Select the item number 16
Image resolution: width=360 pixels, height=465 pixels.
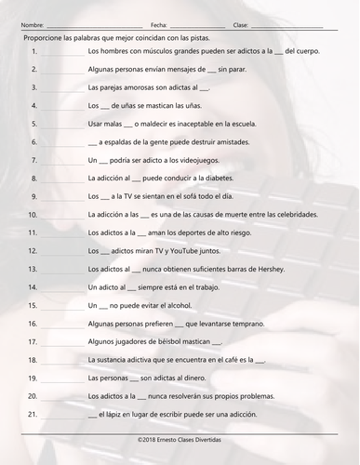click(32, 324)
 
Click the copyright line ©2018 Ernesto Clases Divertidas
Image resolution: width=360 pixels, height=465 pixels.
click(180, 436)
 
